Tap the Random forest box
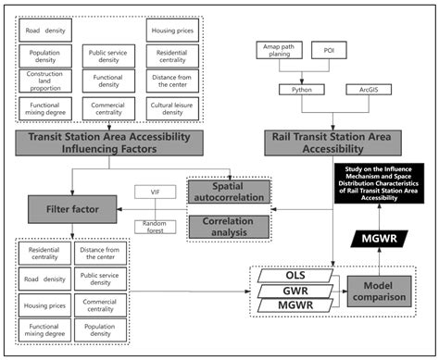point(153,227)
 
